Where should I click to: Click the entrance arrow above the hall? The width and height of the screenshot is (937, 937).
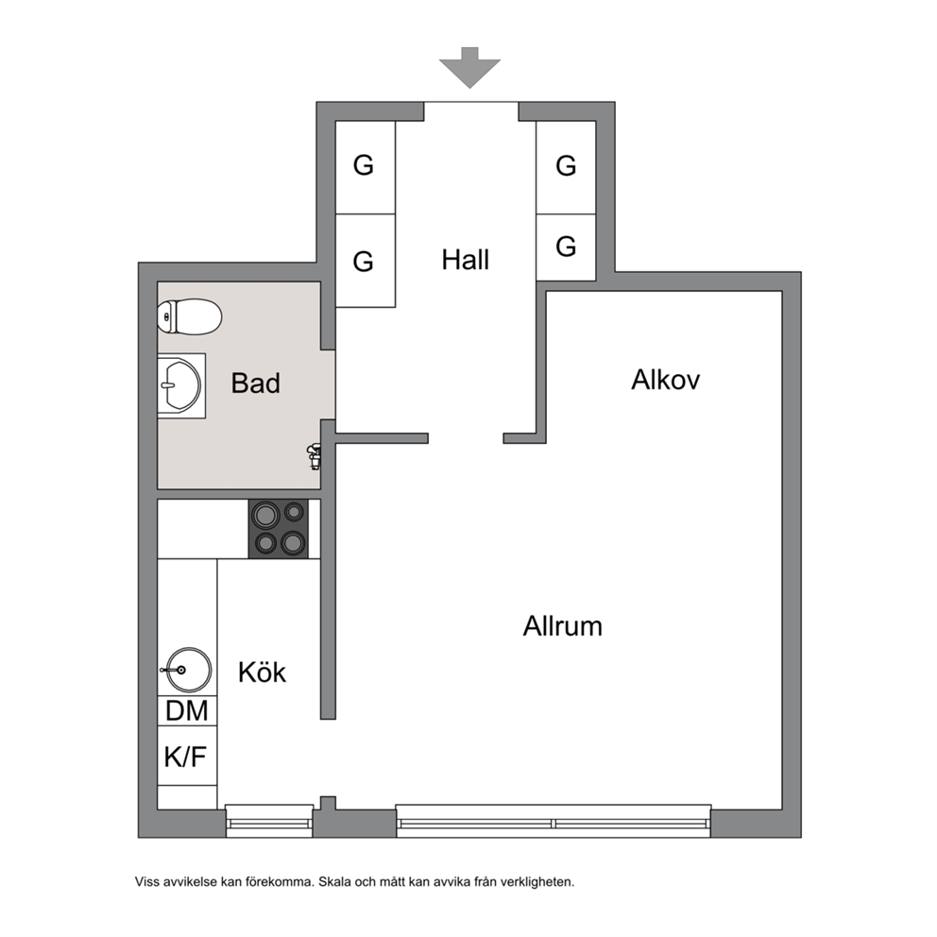(x=469, y=67)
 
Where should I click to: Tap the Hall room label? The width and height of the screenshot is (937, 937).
(x=466, y=260)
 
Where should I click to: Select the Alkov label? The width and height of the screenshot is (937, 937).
(x=665, y=380)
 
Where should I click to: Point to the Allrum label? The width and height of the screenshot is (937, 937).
(x=562, y=626)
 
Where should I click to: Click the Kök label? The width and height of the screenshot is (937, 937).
(x=262, y=673)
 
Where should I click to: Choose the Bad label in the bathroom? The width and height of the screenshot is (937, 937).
(x=255, y=383)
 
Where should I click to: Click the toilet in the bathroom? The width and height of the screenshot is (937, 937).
(x=190, y=316)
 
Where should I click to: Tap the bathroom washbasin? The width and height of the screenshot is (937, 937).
(x=181, y=385)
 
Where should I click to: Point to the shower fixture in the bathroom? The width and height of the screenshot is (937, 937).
(x=314, y=457)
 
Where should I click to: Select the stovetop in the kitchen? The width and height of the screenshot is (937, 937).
(x=279, y=529)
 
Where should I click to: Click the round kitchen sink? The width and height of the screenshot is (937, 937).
(x=187, y=670)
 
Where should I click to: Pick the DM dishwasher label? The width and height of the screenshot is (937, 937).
(x=187, y=710)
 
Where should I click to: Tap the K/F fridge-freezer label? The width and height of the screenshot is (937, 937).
(x=185, y=757)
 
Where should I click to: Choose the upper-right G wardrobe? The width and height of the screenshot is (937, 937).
(x=566, y=167)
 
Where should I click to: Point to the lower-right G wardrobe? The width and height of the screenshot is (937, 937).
(x=566, y=247)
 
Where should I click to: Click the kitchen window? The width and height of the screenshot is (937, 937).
(x=269, y=821)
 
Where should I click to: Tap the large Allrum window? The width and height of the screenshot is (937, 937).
(x=554, y=821)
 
